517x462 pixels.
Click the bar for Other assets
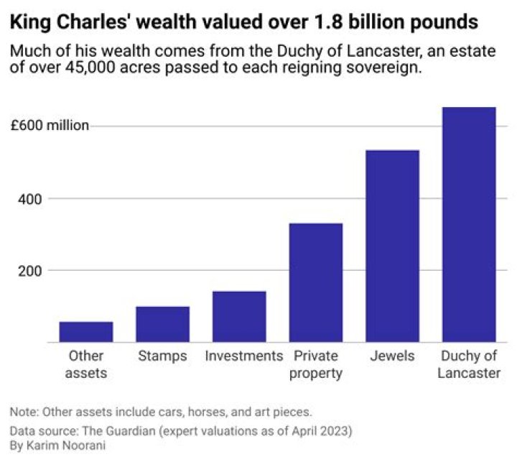point(86,332)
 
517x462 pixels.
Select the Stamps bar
point(162,324)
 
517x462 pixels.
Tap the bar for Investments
point(239,316)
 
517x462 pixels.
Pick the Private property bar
point(316,282)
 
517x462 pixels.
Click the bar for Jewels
point(392,246)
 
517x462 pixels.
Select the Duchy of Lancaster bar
point(469,224)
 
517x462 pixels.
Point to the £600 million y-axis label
point(50,126)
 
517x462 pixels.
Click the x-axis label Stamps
point(162,356)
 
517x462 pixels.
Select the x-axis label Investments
point(244,356)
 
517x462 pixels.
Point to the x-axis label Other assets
point(86,364)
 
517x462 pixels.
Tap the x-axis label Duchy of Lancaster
point(469,364)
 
